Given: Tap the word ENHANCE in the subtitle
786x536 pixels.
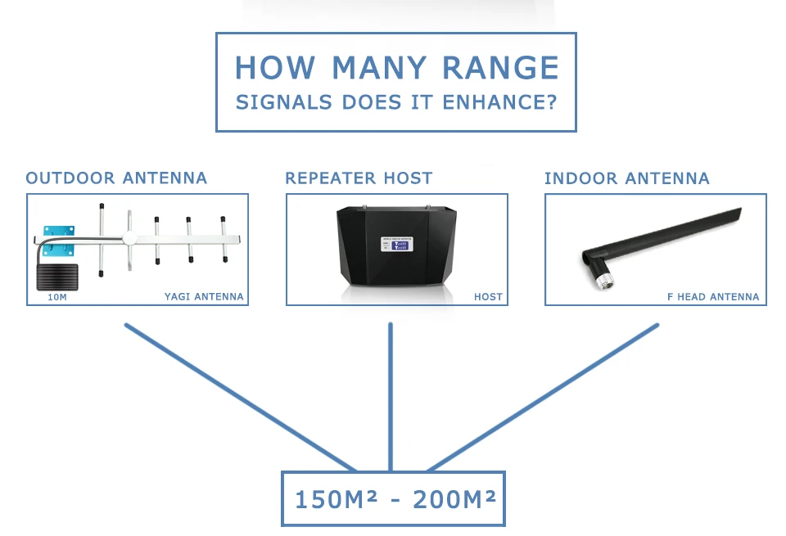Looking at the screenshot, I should [493, 103].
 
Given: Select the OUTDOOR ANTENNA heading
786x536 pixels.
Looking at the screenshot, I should [116, 178].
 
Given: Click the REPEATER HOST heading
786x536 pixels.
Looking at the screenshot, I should [359, 178].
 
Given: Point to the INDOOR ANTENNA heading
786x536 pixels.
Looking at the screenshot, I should [627, 178].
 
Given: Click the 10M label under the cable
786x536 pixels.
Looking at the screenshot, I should [57, 297].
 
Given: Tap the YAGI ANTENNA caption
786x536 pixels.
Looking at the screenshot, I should [204, 297].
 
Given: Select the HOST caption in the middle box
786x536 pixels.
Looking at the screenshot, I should [488, 297].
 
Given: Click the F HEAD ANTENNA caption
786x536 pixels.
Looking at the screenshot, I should [713, 297].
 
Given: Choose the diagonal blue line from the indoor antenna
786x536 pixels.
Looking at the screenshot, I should [544, 397].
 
